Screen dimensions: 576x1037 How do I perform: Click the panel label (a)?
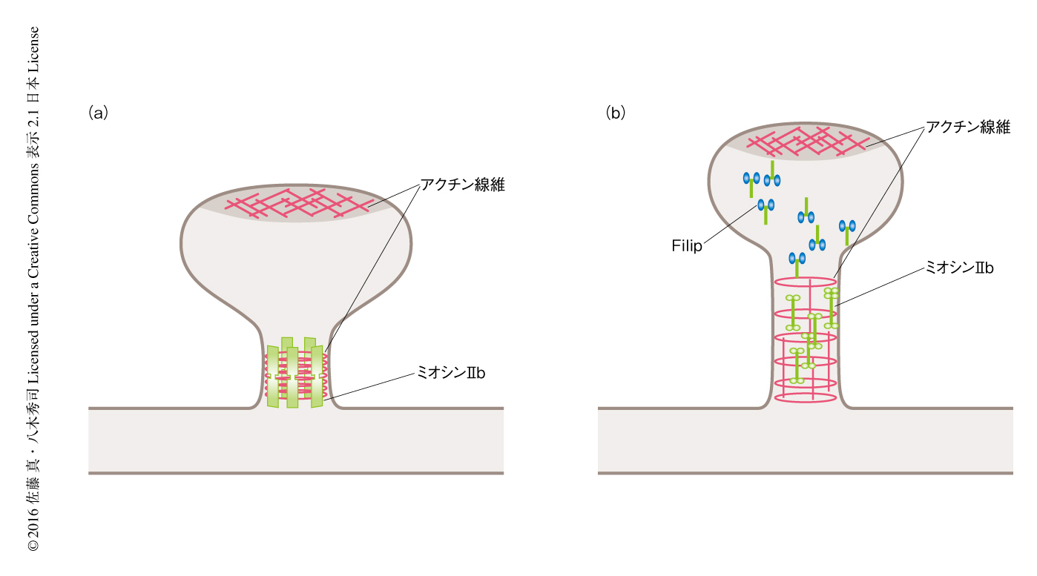[98, 113]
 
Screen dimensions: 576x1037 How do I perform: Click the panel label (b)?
[616, 113]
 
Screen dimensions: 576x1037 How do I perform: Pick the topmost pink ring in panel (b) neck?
[805, 282]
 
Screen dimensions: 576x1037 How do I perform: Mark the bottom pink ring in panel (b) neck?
[805, 397]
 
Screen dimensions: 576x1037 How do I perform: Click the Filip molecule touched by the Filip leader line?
[766, 207]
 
